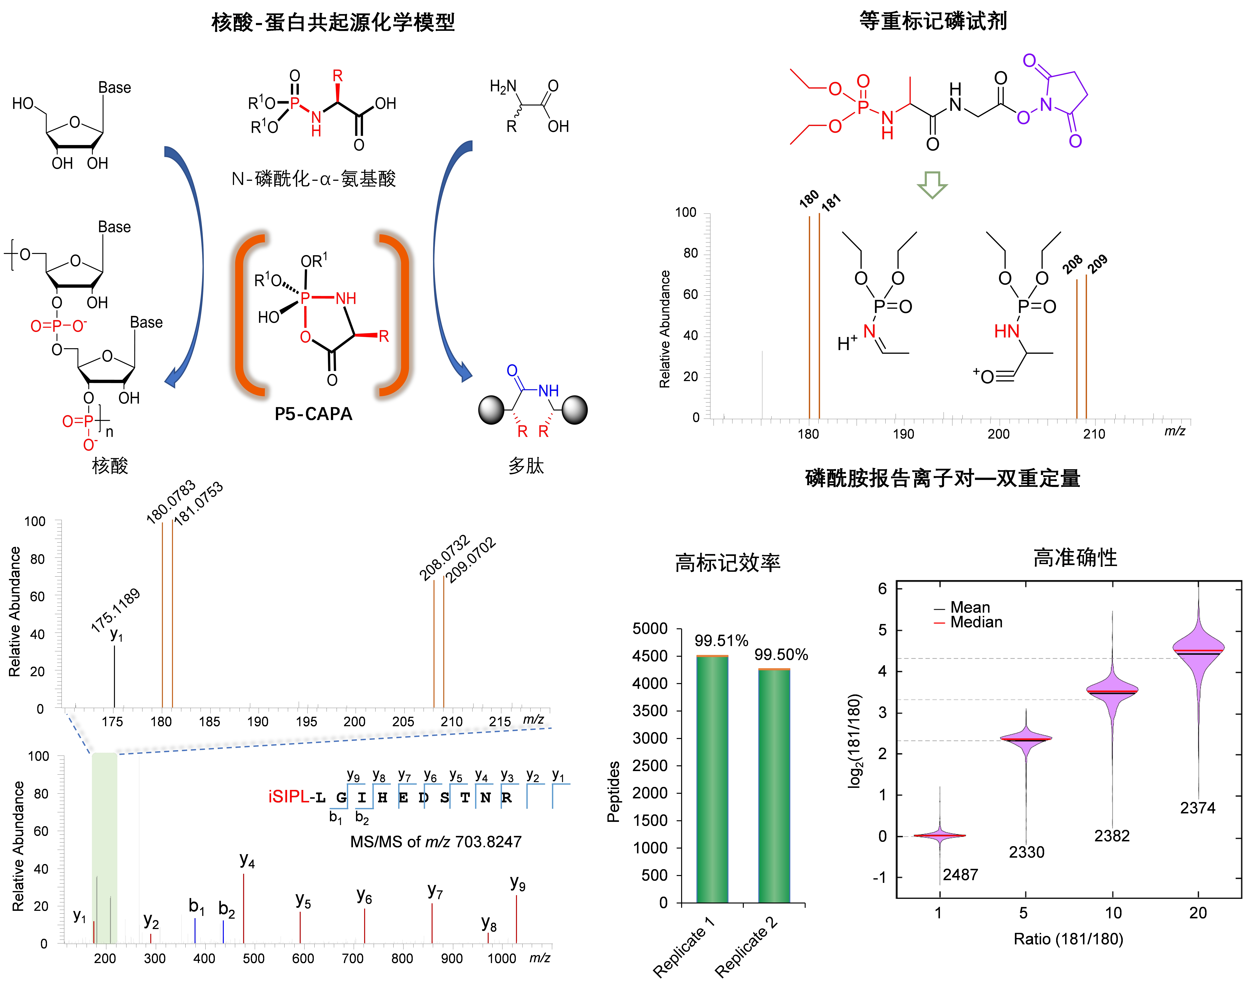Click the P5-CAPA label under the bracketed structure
313,414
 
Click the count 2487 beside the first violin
960,875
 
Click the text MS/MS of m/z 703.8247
435,842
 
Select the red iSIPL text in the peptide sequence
288,797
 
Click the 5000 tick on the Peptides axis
650,629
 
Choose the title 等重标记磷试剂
933,21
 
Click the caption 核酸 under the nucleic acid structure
109,466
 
